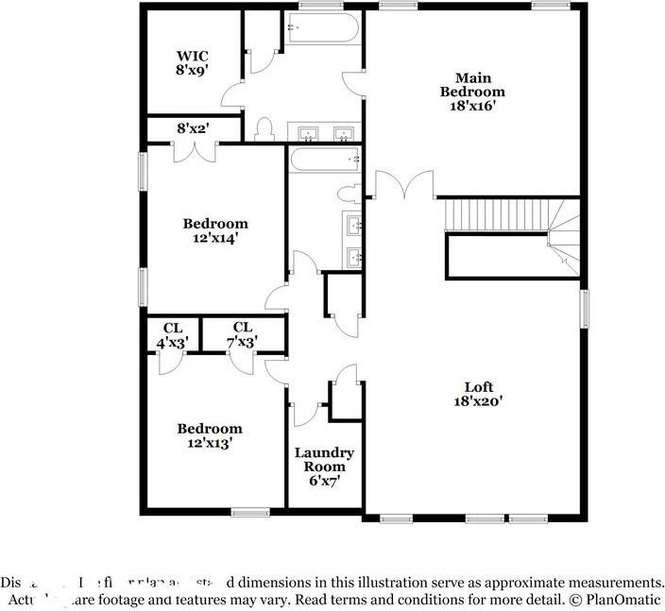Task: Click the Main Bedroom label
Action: pyautogui.click(x=472, y=92)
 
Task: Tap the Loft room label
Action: pyautogui.click(x=477, y=393)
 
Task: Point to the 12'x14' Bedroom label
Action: pyautogui.click(x=215, y=231)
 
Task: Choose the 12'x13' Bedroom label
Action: pyautogui.click(x=210, y=435)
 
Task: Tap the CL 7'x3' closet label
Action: pyautogui.click(x=244, y=334)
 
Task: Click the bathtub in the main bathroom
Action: pyautogui.click(x=321, y=30)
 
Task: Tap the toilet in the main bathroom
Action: pyautogui.click(x=265, y=128)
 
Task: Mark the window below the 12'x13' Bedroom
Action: pyautogui.click(x=250, y=513)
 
